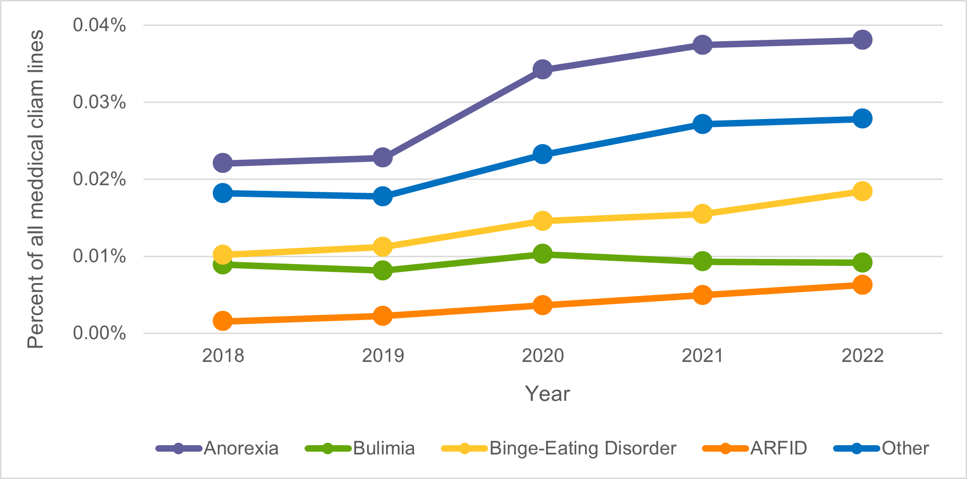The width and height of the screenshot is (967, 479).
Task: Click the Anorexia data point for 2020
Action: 542,69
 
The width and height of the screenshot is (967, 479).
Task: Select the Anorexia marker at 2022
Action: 862,40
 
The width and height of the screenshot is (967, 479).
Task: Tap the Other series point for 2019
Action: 382,196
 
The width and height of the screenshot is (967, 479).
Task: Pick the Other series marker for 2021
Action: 702,124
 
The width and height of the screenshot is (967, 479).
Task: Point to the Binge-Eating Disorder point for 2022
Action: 862,191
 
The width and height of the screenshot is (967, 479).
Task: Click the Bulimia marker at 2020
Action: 542,254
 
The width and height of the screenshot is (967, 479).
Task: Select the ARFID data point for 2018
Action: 223,321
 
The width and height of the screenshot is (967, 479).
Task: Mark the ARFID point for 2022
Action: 862,284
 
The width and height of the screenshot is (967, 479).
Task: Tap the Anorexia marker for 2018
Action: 223,163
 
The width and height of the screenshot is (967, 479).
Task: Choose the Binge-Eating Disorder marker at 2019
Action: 382,246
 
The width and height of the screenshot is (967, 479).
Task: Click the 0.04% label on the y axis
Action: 99,25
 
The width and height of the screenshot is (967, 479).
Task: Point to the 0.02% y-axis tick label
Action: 99,179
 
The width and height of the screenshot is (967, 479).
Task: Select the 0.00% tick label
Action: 99,333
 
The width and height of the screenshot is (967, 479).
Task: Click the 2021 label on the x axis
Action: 702,356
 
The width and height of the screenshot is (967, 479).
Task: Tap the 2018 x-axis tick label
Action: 223,356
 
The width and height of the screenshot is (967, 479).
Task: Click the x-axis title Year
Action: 547,394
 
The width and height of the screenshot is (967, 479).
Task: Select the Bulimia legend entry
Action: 383,448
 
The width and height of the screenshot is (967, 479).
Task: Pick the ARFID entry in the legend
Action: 778,448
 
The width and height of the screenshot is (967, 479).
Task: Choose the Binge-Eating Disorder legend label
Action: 583,448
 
